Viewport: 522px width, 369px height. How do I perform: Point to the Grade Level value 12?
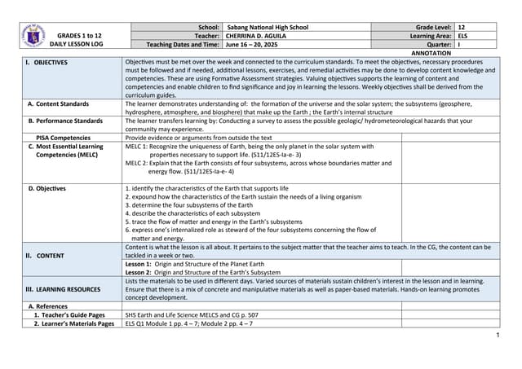[x=462, y=27]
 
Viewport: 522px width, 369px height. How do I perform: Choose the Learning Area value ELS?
[x=463, y=36]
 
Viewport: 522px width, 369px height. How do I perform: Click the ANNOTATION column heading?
[x=431, y=53]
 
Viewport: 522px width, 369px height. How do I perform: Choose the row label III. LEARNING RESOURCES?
[x=64, y=288]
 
